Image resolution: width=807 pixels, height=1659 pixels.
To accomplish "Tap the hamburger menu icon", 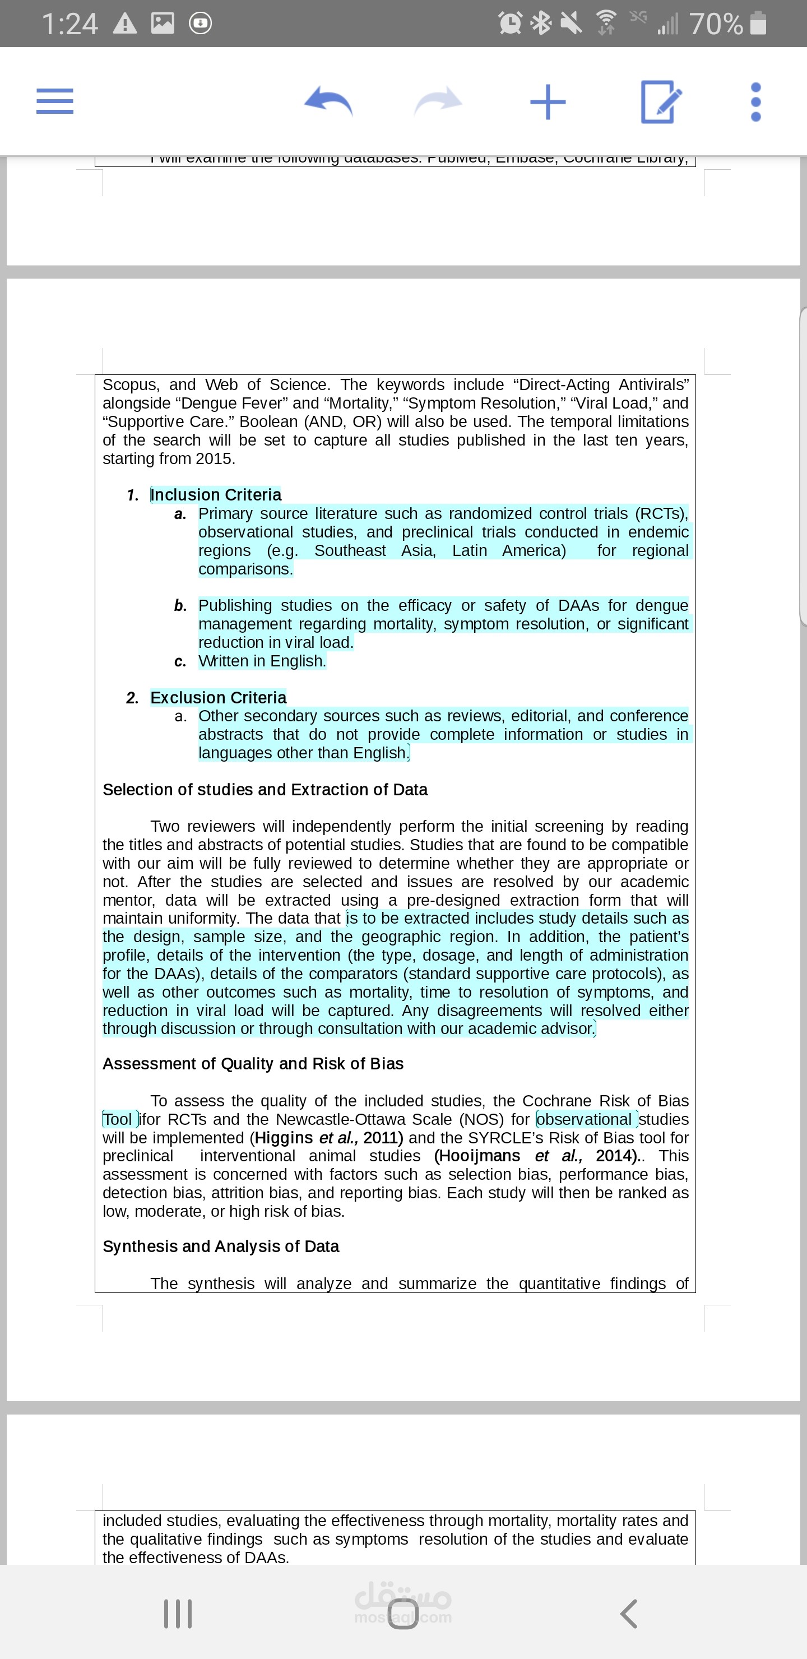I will (x=55, y=101).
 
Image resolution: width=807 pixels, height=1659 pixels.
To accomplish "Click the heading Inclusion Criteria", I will (x=216, y=494).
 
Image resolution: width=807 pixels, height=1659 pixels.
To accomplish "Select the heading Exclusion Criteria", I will (x=219, y=697).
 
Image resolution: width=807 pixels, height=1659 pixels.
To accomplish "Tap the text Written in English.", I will (x=262, y=661).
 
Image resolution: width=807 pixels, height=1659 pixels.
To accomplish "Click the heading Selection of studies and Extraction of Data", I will (x=265, y=790).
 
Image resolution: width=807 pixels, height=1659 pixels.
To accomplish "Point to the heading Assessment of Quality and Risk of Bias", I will (x=253, y=1063).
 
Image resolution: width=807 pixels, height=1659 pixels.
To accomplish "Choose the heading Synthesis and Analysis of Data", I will (x=221, y=1246).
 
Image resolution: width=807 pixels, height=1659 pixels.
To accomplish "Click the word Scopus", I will (x=130, y=384).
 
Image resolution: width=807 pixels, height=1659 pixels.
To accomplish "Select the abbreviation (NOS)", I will (x=482, y=1119).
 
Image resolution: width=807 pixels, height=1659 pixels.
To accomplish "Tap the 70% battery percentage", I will (x=716, y=24).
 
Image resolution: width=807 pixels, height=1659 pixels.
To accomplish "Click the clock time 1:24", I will (x=69, y=24).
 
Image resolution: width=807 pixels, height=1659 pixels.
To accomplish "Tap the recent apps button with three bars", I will (x=178, y=1613).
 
